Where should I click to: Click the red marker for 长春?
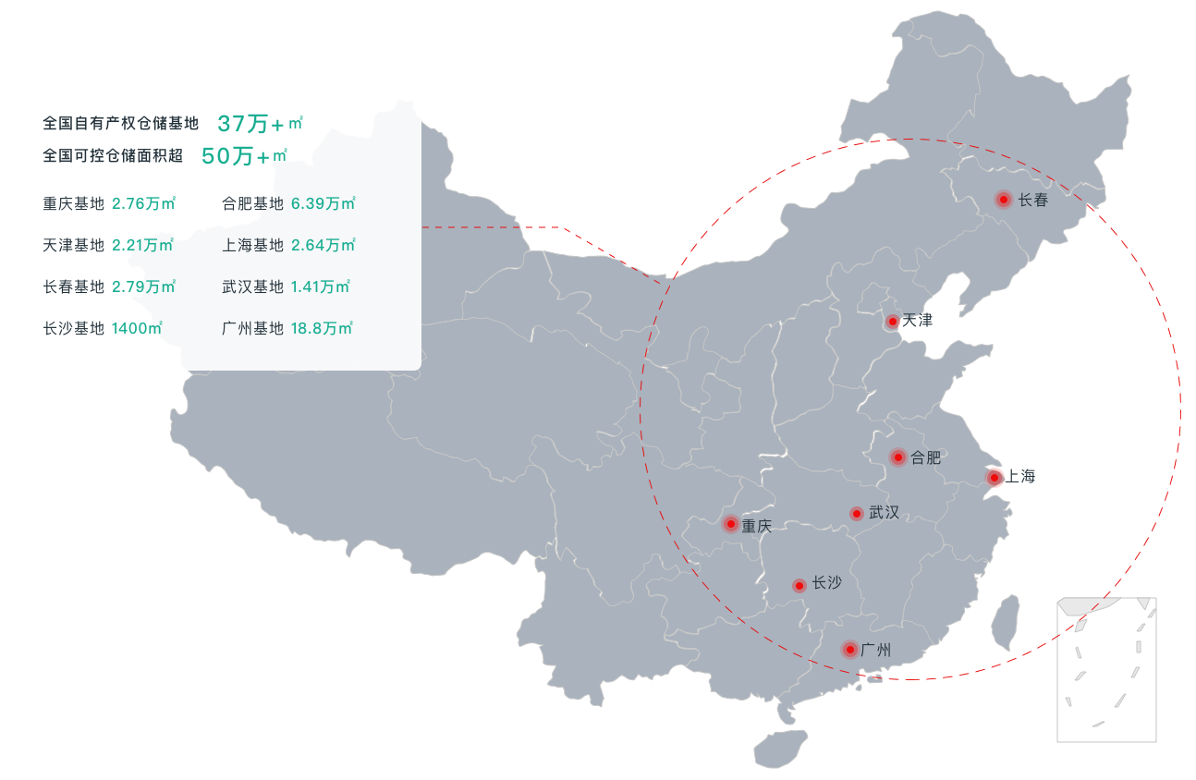(x=1003, y=199)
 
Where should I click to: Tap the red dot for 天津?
(x=892, y=322)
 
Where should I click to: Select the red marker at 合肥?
(x=897, y=457)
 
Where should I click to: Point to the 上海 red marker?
(x=994, y=478)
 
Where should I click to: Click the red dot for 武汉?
(x=857, y=513)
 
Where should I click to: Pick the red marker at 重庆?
(x=731, y=525)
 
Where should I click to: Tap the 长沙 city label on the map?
(x=826, y=584)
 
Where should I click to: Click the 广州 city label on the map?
(x=875, y=650)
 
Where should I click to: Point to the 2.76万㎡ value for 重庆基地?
(x=143, y=203)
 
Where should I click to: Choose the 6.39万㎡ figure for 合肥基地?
(x=323, y=203)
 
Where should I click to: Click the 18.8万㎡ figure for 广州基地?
(x=321, y=328)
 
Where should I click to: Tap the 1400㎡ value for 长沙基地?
(x=137, y=328)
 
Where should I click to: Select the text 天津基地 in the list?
(x=73, y=245)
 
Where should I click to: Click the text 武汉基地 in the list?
(x=252, y=286)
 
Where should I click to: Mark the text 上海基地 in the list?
(x=252, y=245)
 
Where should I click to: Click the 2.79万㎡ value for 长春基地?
(x=143, y=286)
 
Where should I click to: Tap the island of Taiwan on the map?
(x=1005, y=621)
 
